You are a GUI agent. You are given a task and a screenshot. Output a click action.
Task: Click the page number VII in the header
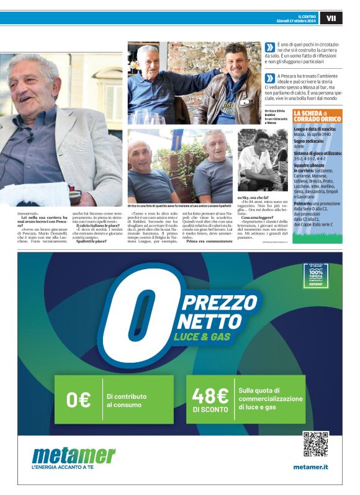tap(331, 19)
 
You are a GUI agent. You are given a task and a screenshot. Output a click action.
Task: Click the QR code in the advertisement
tap(315, 444)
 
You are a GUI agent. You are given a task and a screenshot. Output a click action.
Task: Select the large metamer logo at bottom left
tap(73, 456)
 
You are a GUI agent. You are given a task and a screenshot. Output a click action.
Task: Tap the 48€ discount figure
tap(210, 396)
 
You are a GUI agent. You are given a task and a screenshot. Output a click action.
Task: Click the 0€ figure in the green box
tap(79, 400)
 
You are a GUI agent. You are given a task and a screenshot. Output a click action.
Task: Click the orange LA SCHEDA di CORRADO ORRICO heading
tap(317, 116)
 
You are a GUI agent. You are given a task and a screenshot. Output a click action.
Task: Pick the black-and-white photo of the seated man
tap(263, 159)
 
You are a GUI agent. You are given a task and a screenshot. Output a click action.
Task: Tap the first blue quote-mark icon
tap(269, 47)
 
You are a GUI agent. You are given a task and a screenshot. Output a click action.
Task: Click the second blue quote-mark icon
tap(269, 78)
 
